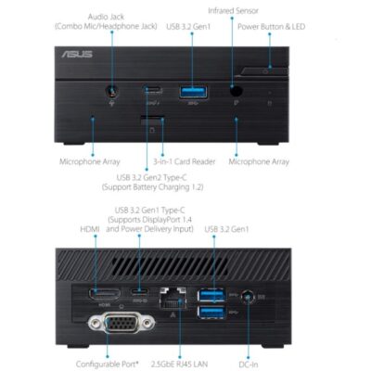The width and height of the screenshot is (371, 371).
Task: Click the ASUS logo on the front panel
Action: click(x=77, y=55)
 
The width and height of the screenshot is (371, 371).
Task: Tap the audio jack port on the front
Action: click(x=112, y=91)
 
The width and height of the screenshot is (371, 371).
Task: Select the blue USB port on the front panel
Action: click(x=193, y=93)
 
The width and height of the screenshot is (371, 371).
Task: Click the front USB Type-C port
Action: click(x=153, y=90)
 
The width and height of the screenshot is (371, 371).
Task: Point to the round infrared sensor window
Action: click(x=237, y=91)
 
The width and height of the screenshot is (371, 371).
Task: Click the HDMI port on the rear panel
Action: click(x=105, y=294)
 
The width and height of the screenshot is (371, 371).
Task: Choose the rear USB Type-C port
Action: click(x=139, y=291)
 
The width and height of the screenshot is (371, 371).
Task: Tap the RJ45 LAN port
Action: click(x=173, y=298)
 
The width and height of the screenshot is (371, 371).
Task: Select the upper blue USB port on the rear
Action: click(x=211, y=295)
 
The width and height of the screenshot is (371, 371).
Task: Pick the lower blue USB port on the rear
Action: click(x=211, y=312)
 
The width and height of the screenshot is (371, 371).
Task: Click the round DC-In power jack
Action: click(x=248, y=297)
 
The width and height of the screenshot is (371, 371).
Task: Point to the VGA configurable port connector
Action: click(x=122, y=323)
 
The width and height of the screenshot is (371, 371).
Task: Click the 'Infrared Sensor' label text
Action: click(x=233, y=11)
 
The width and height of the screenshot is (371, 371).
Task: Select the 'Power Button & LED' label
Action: click(x=271, y=27)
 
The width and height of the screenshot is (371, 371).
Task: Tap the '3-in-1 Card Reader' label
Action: click(x=185, y=161)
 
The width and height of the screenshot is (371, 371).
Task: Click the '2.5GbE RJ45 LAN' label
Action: click(x=179, y=365)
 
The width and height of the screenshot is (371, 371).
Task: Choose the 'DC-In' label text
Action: click(x=249, y=365)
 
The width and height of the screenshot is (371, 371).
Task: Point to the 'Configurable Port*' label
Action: click(x=108, y=365)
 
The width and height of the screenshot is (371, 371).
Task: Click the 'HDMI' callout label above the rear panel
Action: click(x=90, y=229)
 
